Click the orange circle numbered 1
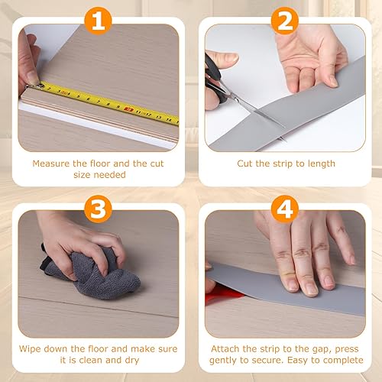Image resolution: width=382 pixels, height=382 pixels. [98, 21]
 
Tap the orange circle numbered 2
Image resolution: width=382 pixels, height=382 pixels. [285, 21]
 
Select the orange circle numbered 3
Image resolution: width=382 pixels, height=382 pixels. [98, 209]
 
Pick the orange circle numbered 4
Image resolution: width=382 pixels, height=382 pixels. [285, 209]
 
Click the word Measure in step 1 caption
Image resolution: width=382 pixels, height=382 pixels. [51, 163]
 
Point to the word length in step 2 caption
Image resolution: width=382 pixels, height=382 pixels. [322, 164]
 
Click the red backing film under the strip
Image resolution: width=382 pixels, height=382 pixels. [223, 293]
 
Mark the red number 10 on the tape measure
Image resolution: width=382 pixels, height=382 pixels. [128, 109]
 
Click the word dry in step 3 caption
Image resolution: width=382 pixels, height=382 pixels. [132, 361]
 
